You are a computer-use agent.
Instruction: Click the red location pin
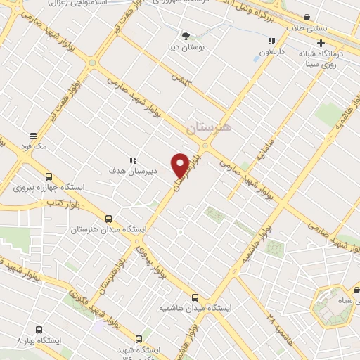(181, 165)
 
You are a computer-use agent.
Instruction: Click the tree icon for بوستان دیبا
(186, 36)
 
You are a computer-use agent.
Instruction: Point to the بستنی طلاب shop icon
(307, 18)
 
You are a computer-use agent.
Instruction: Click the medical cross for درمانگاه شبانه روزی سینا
(341, 44)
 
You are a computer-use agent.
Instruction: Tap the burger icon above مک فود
(33, 136)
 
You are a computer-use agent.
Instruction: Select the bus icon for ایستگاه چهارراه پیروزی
(48, 177)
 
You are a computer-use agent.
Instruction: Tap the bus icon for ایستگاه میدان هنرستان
(108, 219)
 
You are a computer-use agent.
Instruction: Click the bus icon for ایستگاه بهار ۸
(38, 330)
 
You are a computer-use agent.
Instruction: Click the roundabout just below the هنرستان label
(205, 146)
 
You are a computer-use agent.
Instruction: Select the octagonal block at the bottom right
(332, 306)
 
